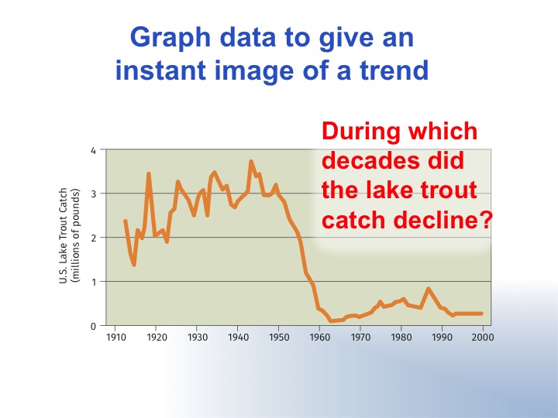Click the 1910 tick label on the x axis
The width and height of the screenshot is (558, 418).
pos(116,337)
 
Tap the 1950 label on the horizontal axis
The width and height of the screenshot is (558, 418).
pos(279,337)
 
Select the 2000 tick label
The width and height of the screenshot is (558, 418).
pos(483,337)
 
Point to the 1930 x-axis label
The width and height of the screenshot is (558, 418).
pos(198,337)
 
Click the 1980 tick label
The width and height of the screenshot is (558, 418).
pos(401,337)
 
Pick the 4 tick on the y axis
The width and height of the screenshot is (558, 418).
pos(93,151)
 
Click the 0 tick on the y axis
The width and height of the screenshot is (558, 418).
pos(93,327)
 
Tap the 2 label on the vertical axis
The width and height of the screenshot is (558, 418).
pos(93,238)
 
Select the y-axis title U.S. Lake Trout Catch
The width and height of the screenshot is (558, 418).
pos(63,235)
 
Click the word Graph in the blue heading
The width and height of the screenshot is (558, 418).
pos(170,38)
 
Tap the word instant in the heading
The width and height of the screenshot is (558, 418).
pos(160,70)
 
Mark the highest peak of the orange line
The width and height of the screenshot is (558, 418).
pos(251,162)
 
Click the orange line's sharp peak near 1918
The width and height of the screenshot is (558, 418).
pos(149,174)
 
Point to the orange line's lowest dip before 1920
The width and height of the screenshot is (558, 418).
pos(134,265)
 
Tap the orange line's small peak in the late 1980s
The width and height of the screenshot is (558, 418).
pos(429,289)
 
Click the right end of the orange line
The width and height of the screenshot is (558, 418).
pos(481,313)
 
